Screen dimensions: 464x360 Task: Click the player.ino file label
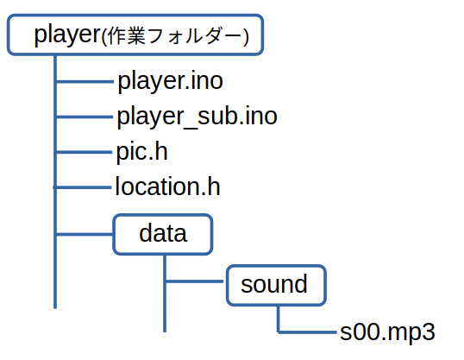point(171,81)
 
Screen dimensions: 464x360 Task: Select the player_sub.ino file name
point(198,117)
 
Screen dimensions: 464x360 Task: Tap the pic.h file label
point(141,152)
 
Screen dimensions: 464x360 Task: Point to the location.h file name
point(167,186)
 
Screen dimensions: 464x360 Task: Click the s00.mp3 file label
point(387,332)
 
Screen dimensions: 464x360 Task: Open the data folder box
point(163,234)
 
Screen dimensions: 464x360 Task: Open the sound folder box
point(276,285)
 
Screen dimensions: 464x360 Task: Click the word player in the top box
point(68,35)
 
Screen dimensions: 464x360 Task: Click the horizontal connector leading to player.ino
point(85,81)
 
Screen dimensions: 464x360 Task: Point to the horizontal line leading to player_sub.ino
point(85,117)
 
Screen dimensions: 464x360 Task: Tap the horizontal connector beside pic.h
point(84,152)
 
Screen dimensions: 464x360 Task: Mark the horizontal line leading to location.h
point(82,187)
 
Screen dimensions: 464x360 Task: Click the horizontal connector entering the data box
point(85,234)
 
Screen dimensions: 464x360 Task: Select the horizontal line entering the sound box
point(195,281)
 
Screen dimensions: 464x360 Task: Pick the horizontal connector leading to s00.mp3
point(307,332)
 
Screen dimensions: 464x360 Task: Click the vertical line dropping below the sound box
point(279,319)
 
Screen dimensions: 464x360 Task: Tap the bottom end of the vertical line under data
point(165,332)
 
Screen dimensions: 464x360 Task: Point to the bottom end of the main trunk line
point(55,308)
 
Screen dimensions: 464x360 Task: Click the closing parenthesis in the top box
point(247,37)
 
